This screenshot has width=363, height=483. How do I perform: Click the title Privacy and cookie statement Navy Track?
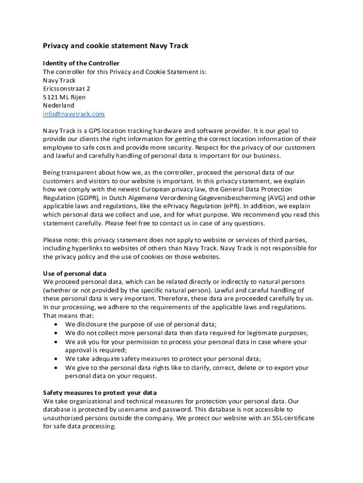115,46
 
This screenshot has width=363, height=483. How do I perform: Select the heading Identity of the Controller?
81,63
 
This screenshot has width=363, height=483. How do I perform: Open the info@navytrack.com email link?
74,114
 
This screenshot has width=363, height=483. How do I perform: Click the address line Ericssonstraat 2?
66,89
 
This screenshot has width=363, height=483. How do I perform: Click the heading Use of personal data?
74,274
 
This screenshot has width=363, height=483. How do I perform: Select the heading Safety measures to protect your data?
100,392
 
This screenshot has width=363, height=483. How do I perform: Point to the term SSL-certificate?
291,418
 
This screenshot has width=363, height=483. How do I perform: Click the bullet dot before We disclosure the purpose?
57,325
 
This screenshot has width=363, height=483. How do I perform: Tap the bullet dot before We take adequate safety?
57,358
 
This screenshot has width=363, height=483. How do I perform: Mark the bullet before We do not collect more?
57,333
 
